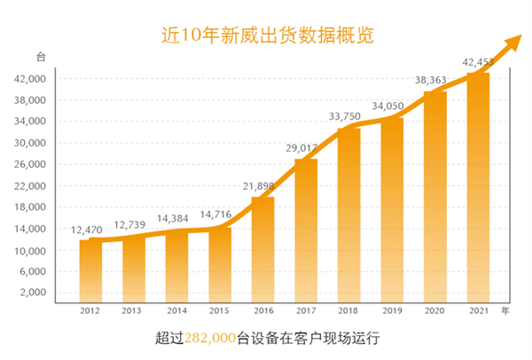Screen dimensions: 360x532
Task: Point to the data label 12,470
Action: [90, 231]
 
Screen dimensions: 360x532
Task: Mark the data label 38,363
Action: [434, 80]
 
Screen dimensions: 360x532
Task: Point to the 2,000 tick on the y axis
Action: [32, 293]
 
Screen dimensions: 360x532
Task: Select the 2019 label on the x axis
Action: [392, 312]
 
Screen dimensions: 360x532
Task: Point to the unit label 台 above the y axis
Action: [40, 57]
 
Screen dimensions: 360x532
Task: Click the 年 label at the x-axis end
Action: [505, 311]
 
